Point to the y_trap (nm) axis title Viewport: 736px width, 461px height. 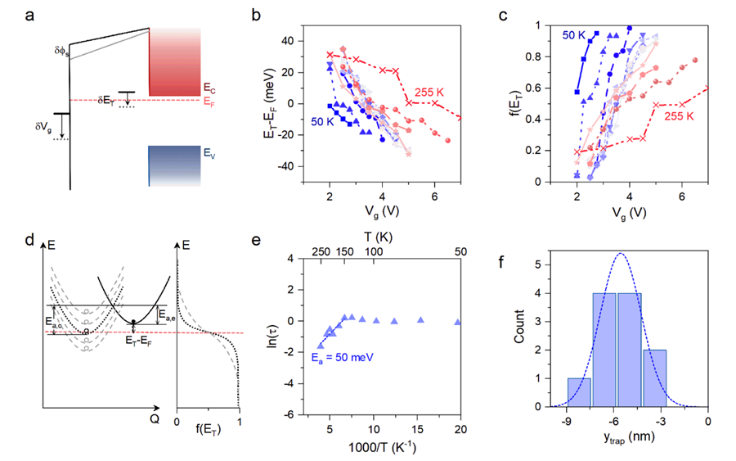[626, 446]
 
